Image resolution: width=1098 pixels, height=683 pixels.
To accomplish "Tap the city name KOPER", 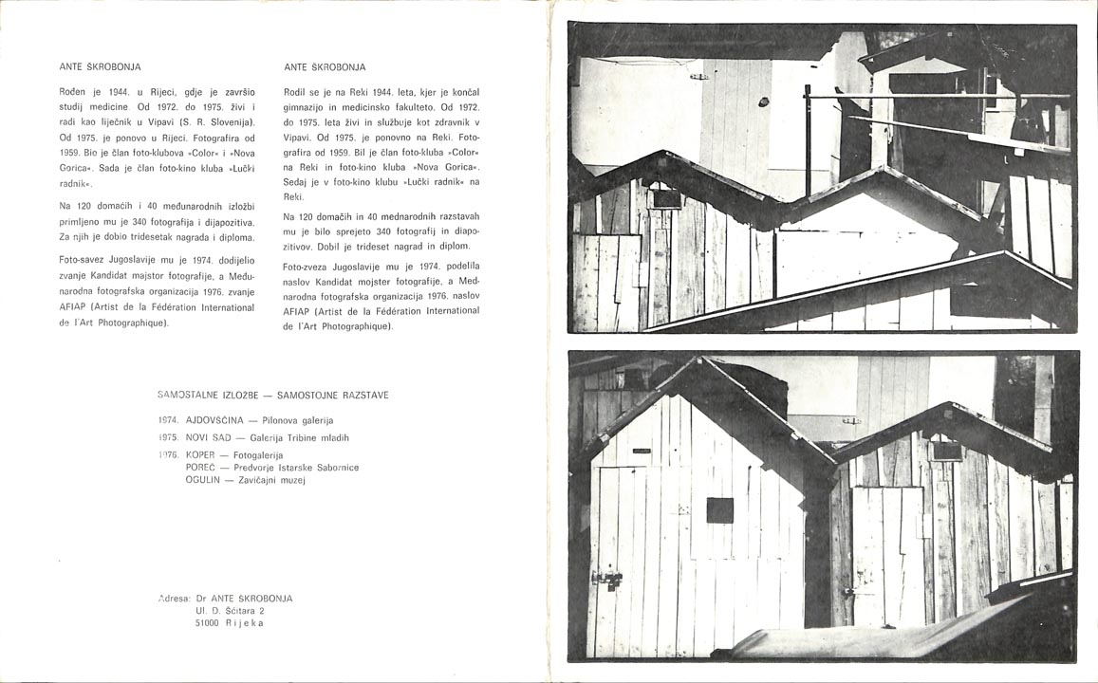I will coord(201,455).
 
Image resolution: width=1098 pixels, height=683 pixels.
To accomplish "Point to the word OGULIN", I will coord(203,480).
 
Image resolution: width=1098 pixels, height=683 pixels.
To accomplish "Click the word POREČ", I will coord(202,468).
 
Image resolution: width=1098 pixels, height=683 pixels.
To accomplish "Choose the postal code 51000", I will coord(207,623).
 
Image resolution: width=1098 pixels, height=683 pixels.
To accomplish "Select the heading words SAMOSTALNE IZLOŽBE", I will coord(206,395).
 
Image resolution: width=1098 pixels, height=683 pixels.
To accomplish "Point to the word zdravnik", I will coord(453,123).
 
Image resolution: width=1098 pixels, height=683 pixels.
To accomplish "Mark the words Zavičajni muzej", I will coord(280,480).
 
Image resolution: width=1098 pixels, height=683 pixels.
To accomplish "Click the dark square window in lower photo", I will coord(720,510).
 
